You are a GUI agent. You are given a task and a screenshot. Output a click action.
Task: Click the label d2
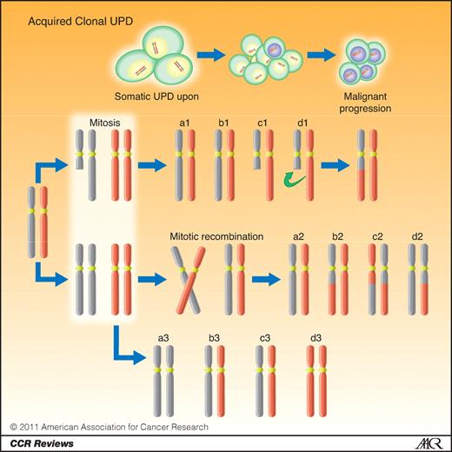417,236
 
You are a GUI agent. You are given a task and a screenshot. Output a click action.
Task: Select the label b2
336,236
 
